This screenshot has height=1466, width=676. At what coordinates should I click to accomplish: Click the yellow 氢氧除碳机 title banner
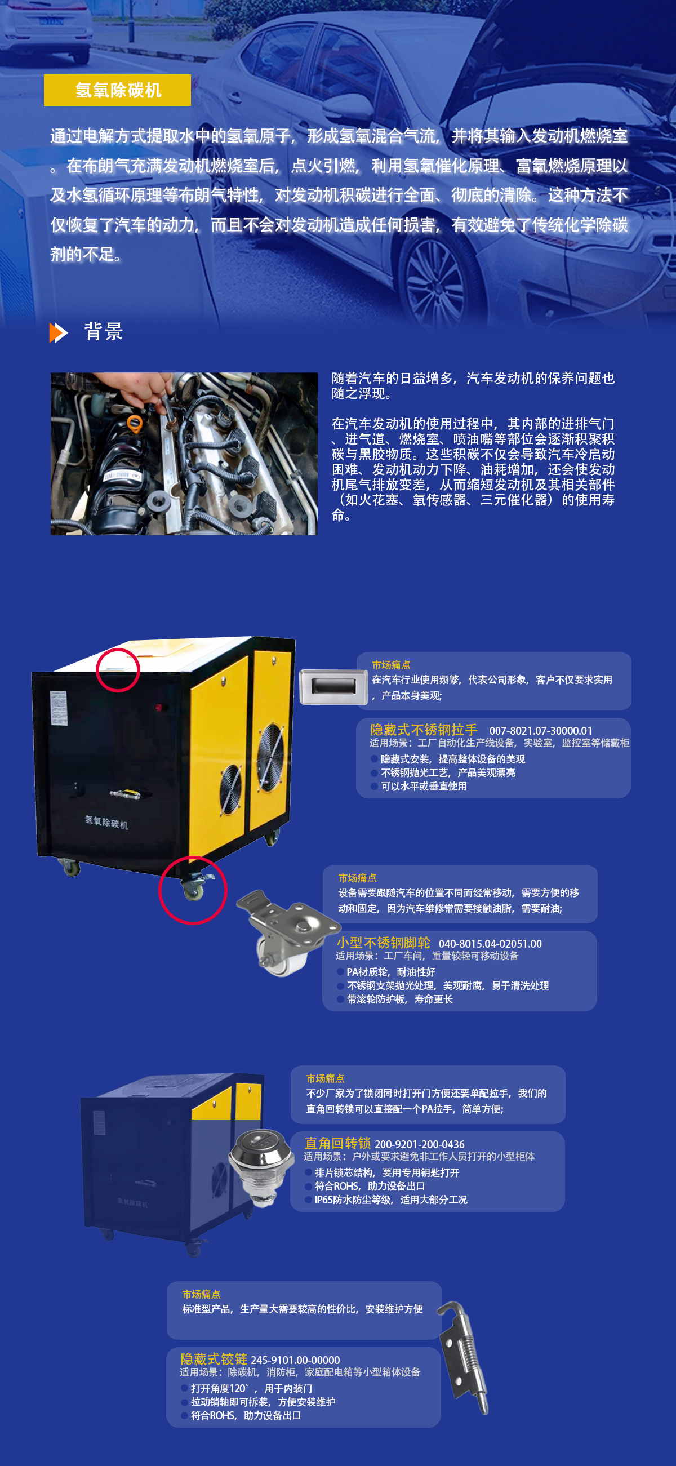[x=117, y=90]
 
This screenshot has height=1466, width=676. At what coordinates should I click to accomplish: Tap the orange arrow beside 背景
[x=59, y=333]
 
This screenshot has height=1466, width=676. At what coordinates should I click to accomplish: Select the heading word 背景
[x=104, y=331]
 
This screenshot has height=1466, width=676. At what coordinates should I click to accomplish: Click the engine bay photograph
[x=184, y=454]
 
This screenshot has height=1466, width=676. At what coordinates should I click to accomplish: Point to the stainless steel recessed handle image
[x=333, y=687]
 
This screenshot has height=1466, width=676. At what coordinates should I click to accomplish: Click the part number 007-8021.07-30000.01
[x=541, y=731]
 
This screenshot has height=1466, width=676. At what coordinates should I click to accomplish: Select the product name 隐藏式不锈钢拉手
[x=424, y=730]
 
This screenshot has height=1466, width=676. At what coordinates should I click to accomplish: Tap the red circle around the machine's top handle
[x=118, y=670]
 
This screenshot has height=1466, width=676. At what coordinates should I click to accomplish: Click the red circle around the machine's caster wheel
[x=193, y=890]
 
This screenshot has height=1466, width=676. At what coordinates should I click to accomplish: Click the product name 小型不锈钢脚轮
[x=384, y=943]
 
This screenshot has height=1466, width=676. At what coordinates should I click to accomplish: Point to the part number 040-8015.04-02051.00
[x=490, y=944]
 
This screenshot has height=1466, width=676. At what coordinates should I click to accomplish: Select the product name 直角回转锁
[x=337, y=1143]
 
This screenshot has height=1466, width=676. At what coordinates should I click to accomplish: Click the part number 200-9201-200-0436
[x=419, y=1144]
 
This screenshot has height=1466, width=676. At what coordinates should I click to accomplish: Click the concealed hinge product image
[x=464, y=1357]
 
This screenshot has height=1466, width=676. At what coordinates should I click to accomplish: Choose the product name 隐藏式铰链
[x=214, y=1359]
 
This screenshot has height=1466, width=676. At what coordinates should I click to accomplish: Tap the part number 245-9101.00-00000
[x=295, y=1360]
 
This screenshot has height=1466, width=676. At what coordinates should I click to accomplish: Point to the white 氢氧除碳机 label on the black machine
[x=106, y=822]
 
